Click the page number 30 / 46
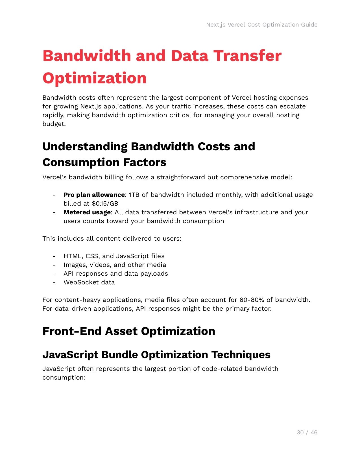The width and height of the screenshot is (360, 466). [307, 432]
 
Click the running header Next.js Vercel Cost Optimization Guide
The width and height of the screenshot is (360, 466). [262, 25]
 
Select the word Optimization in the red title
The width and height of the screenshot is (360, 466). [95, 78]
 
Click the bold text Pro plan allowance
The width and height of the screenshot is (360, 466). [94, 195]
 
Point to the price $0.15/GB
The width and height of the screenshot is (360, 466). [105, 203]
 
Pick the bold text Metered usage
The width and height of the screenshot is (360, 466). [87, 212]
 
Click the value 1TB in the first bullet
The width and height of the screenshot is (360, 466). [134, 195]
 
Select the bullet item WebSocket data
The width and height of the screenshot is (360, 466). [89, 282]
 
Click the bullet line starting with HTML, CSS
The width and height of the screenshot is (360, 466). [114, 256]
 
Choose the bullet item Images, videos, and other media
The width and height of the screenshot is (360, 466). [115, 265]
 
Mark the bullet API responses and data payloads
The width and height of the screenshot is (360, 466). [116, 273]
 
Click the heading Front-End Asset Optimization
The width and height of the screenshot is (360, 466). [129, 331]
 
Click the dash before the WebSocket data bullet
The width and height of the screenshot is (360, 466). [54, 282]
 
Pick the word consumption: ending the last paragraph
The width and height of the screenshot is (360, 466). [64, 377]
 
